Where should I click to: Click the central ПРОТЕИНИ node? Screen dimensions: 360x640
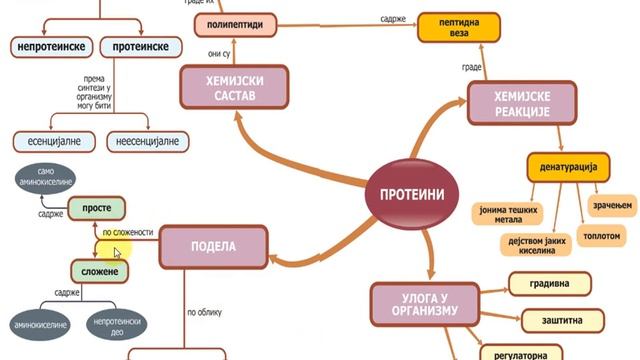pos(405,191)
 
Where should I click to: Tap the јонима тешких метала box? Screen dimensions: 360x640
pos(505,213)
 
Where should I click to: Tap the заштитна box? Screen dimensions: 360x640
pos(562,321)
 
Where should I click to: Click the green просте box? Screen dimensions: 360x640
pos(98,208)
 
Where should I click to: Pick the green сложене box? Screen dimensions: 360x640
pos(101,272)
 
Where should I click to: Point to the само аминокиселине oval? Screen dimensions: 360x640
pos(56,180)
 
